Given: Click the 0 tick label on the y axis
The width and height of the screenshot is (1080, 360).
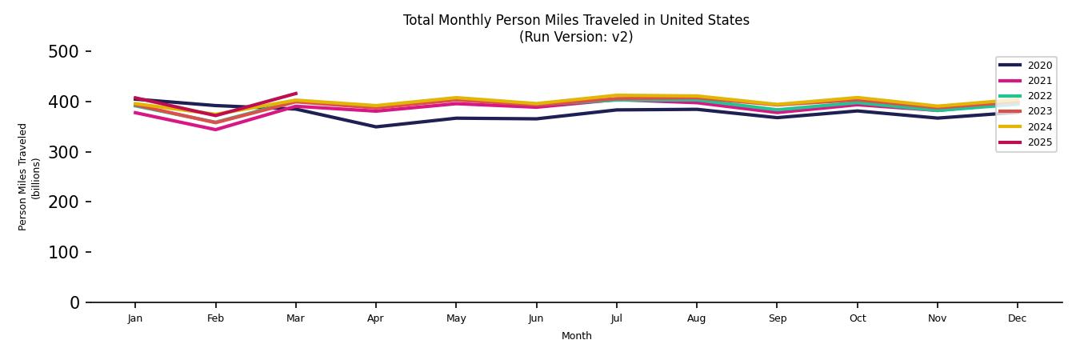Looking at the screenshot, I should pyautogui.click(x=74, y=302).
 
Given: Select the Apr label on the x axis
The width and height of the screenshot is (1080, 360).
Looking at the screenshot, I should pyautogui.click(x=375, y=318).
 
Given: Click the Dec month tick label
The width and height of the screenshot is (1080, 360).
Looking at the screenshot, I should pyautogui.click(x=1017, y=318).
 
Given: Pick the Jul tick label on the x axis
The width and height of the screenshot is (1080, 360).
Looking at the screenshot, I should pyautogui.click(x=616, y=318).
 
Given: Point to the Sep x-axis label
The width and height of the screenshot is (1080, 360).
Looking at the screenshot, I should pyautogui.click(x=777, y=318).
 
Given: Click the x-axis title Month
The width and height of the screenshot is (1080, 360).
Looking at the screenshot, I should pyautogui.click(x=576, y=336).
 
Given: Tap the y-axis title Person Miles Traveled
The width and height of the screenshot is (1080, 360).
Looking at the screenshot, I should pyautogui.click(x=23, y=177).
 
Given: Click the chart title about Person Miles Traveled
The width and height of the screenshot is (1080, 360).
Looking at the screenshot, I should pyautogui.click(x=576, y=20).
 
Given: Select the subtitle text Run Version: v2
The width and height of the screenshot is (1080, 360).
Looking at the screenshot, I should pyautogui.click(x=576, y=37).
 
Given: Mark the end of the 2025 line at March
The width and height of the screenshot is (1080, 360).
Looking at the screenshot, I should pyautogui.click(x=296, y=94).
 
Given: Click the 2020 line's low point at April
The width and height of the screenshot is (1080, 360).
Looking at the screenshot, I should pyautogui.click(x=375, y=126).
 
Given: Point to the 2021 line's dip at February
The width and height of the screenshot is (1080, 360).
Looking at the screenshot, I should pyautogui.click(x=215, y=130).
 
